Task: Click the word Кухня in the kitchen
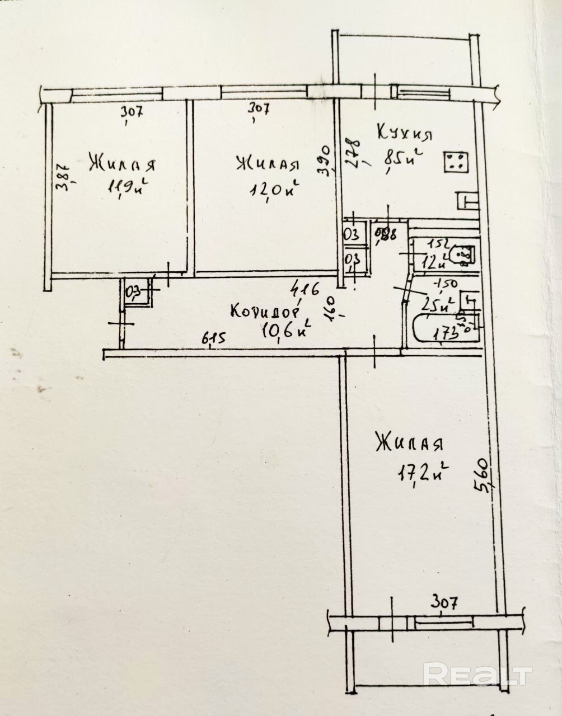pyautogui.click(x=405, y=134)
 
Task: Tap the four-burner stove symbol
pyautogui.click(x=457, y=162)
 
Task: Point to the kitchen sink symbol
pyautogui.click(x=468, y=199)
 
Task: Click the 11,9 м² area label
pyautogui.click(x=129, y=186)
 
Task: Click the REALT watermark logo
pyautogui.click(x=476, y=673)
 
